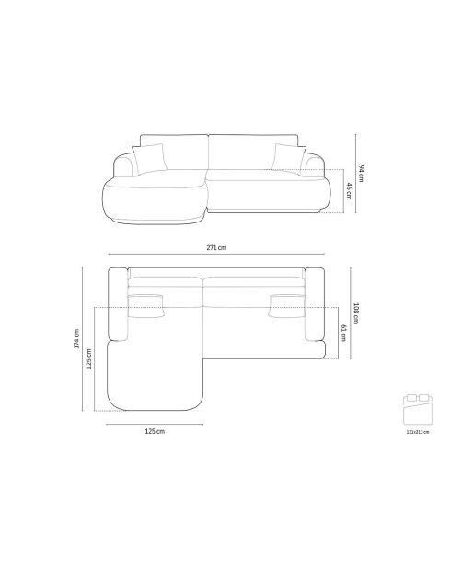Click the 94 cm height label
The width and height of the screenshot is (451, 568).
[362, 172]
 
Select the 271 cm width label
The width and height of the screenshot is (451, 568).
[216, 248]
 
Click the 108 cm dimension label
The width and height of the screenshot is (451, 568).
[355, 312]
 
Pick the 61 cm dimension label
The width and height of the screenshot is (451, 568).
[342, 332]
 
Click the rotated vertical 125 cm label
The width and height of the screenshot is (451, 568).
[89, 358]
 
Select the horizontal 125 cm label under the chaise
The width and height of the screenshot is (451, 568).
[154, 430]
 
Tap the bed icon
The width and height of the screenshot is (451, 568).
[418, 405]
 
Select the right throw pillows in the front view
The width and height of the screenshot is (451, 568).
[287, 157]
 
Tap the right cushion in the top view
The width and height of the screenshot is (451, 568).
[287, 303]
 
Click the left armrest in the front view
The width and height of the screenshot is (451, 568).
[122, 168]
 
